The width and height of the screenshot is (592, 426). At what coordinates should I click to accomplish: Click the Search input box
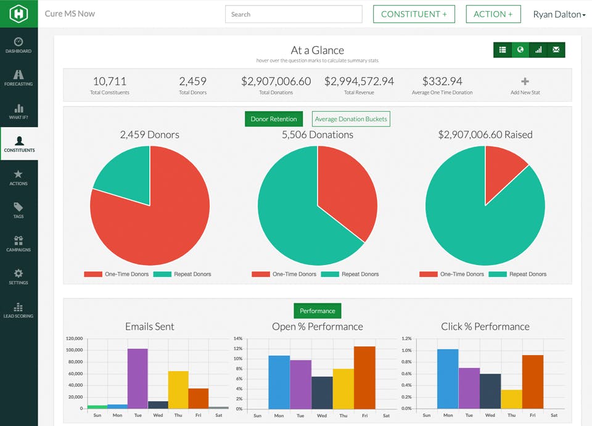[294, 14]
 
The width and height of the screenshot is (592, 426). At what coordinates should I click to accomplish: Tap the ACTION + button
[493, 14]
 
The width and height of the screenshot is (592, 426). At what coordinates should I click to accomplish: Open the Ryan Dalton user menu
[559, 14]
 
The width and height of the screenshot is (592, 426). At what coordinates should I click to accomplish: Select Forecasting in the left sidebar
[18, 78]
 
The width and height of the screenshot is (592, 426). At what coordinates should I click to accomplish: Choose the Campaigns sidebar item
[18, 244]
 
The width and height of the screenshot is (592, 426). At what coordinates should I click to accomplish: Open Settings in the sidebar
[18, 276]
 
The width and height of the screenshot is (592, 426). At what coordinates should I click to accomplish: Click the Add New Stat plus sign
[525, 81]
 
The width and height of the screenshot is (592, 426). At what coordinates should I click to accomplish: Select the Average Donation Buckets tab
[351, 119]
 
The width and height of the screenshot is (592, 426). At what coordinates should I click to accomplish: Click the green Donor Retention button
[273, 119]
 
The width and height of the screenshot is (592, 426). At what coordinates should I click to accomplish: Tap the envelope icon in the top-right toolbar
[556, 50]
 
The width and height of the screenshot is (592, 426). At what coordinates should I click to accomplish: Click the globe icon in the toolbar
[520, 50]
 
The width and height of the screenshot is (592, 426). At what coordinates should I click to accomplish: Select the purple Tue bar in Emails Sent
[138, 379]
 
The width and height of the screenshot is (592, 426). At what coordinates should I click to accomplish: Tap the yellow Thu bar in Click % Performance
[511, 399]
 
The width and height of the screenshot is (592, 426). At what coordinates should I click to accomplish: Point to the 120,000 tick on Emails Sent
[74, 338]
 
